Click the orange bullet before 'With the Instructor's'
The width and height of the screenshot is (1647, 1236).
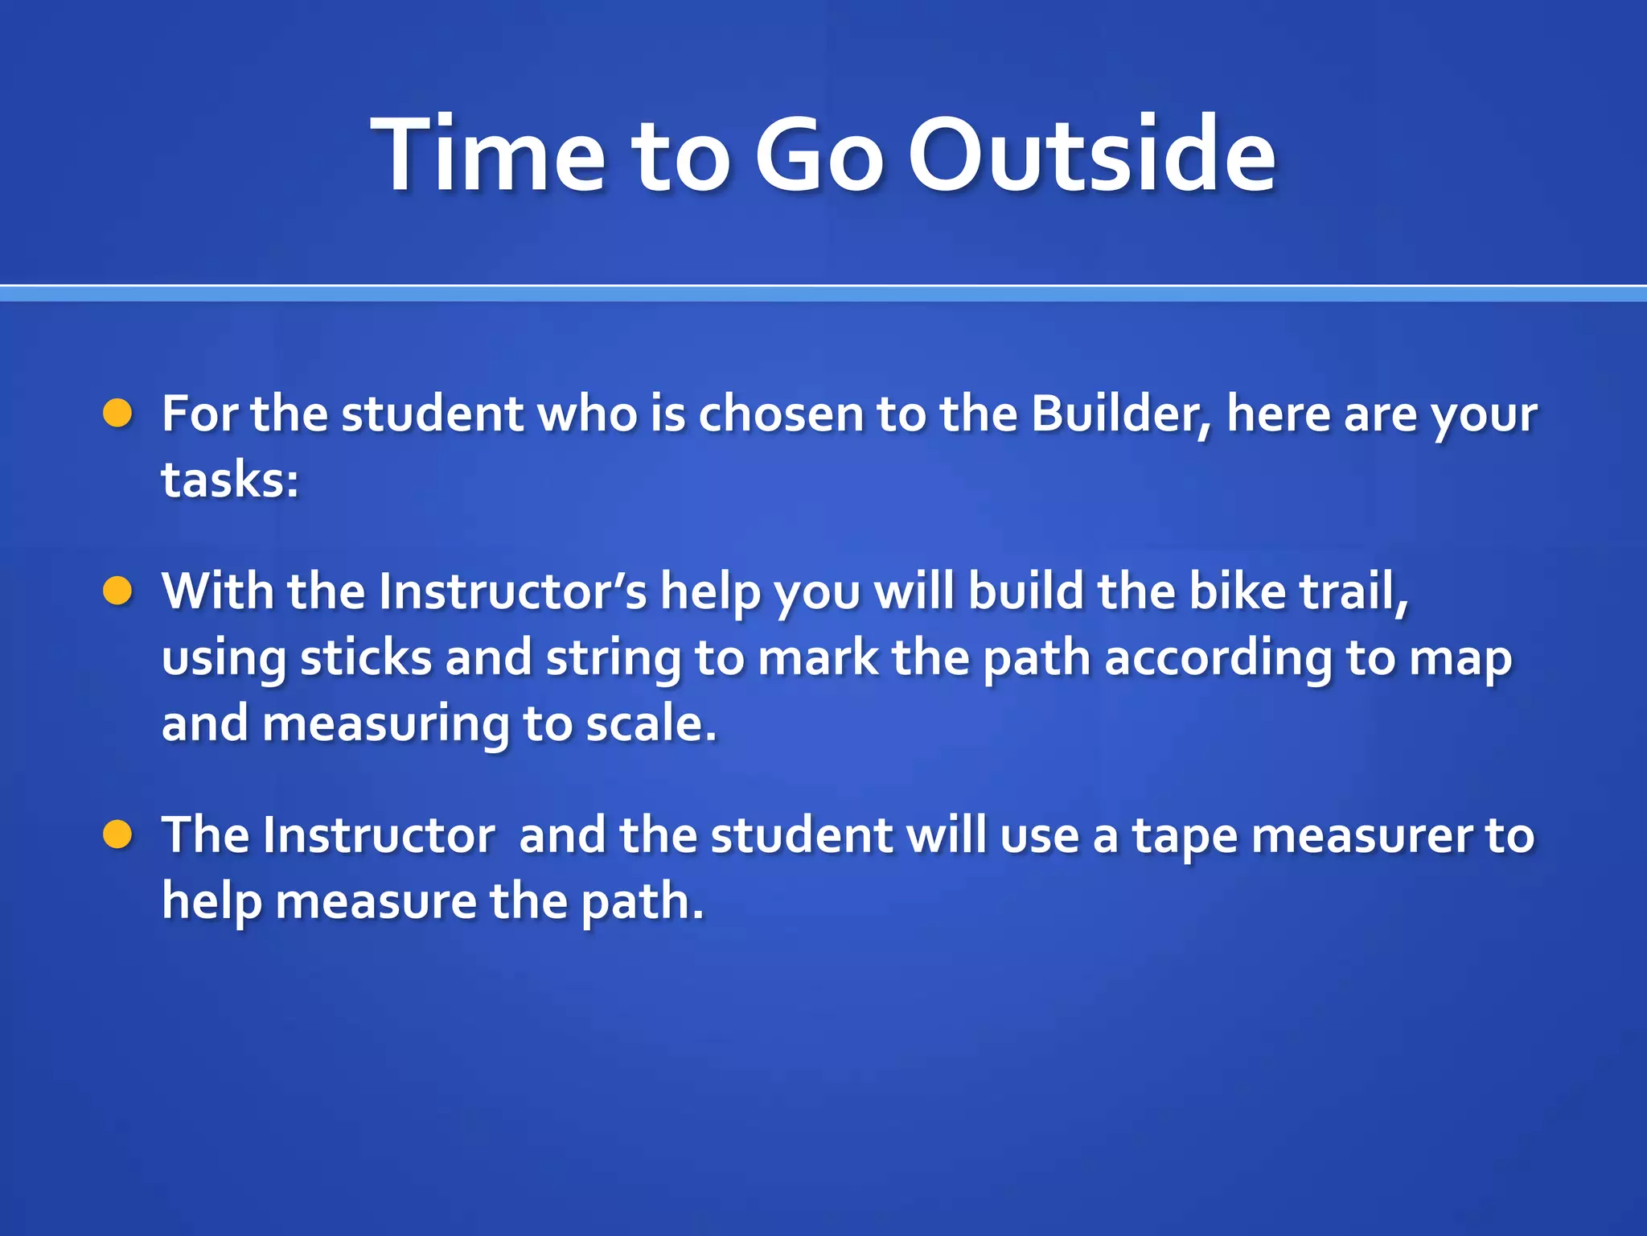click(117, 591)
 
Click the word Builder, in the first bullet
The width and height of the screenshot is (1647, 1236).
click(1121, 414)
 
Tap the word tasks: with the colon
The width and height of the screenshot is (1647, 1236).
click(230, 480)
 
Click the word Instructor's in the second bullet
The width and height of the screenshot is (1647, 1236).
click(512, 591)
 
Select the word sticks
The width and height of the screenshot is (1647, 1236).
click(366, 657)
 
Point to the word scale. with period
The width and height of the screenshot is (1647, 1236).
click(651, 723)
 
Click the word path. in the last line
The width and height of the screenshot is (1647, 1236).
click(642, 902)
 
